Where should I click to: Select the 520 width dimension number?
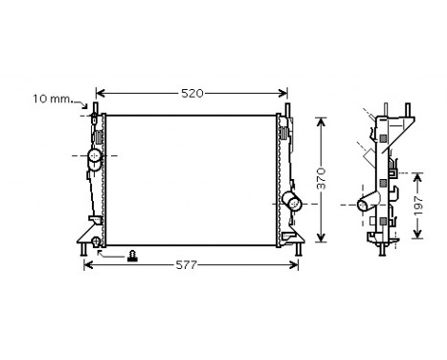192,94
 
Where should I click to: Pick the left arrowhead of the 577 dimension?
88,265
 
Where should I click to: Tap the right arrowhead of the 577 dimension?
299,265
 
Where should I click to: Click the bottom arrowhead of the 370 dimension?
322,239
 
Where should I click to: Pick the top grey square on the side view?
384,139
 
